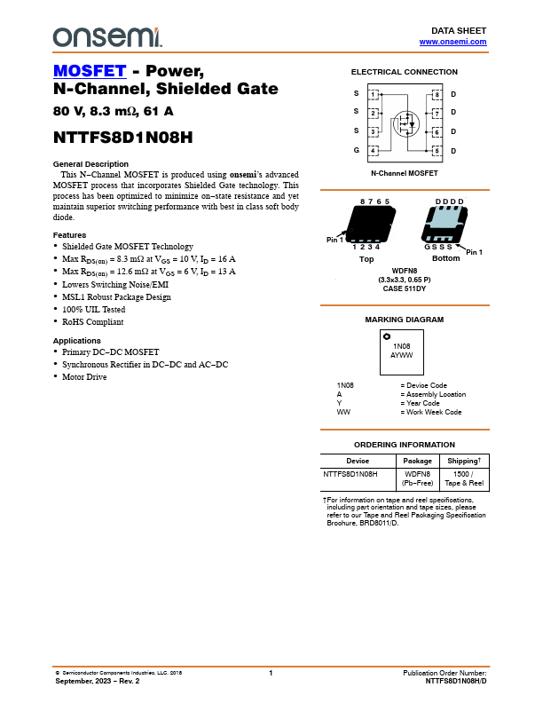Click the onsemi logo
pyautogui.click(x=107, y=36)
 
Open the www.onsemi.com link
pyautogui.click(x=452, y=42)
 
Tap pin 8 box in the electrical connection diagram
pyautogui.click(x=436, y=94)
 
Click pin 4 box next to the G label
pyautogui.click(x=374, y=151)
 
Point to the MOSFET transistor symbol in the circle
pyautogui.click(x=405, y=122)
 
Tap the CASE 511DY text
pyautogui.click(x=405, y=288)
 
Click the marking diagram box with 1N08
pyautogui.click(x=402, y=350)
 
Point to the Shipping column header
pyautogui.click(x=463, y=462)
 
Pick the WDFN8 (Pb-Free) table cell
pyautogui.click(x=417, y=479)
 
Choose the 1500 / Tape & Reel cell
pyautogui.click(x=463, y=479)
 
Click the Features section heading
pyautogui.click(x=70, y=234)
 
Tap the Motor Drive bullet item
pyautogui.click(x=84, y=376)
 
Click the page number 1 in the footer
pyautogui.click(x=271, y=674)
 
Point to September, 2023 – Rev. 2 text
pyautogui.click(x=98, y=681)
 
